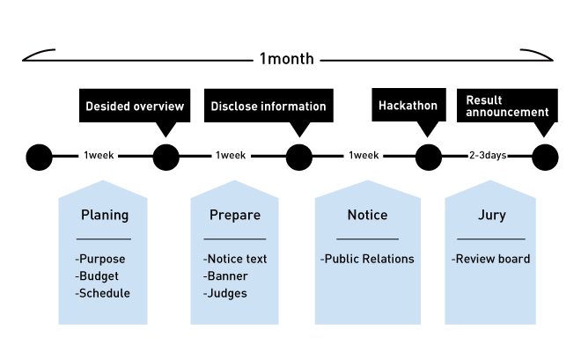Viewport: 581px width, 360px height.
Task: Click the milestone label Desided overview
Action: click(x=135, y=107)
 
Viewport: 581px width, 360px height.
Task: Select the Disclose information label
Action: click(x=268, y=107)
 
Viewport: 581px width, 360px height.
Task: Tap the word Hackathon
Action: click(x=408, y=106)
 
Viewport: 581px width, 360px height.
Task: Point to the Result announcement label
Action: click(x=506, y=107)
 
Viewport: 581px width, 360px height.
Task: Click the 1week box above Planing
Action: click(x=98, y=156)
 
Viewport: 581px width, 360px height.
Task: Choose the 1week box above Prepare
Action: click(x=231, y=156)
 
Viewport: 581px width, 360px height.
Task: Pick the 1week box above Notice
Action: click(x=364, y=156)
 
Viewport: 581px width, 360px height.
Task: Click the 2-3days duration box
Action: click(x=488, y=156)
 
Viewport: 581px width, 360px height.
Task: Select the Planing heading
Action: click(x=104, y=215)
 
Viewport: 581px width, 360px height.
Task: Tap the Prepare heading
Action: click(x=235, y=215)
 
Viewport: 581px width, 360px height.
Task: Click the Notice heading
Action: click(x=367, y=215)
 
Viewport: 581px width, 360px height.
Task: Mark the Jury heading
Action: click(x=491, y=215)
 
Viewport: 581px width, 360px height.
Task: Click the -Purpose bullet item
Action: click(x=100, y=259)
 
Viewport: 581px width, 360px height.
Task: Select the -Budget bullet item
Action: click(x=97, y=276)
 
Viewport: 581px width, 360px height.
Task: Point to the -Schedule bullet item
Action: click(x=103, y=293)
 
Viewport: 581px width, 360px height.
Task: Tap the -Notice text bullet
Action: click(x=235, y=259)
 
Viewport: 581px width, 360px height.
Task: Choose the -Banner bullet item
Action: click(x=225, y=276)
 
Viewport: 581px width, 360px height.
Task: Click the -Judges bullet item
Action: click(x=225, y=293)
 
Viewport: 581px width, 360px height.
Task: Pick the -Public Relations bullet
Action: click(x=367, y=259)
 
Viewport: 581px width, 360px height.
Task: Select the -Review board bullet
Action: click(x=490, y=259)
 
